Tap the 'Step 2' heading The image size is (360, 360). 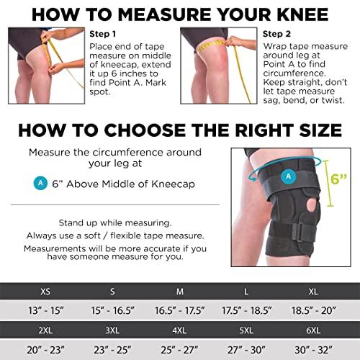[276, 33]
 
